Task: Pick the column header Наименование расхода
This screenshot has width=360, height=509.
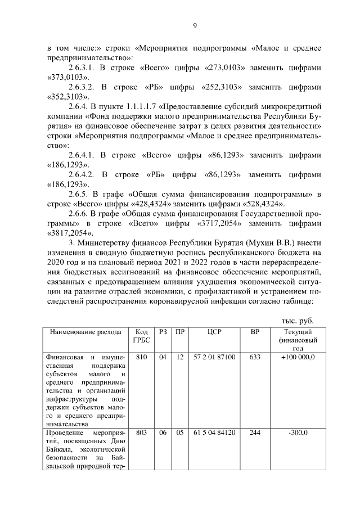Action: point(85,332)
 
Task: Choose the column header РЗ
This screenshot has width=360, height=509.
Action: point(164,332)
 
